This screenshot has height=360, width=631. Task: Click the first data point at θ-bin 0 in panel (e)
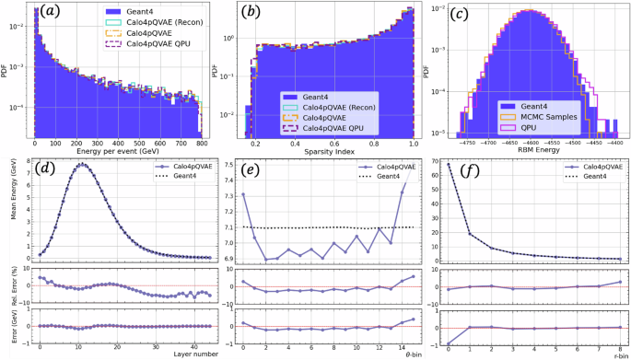pos(243,194)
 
